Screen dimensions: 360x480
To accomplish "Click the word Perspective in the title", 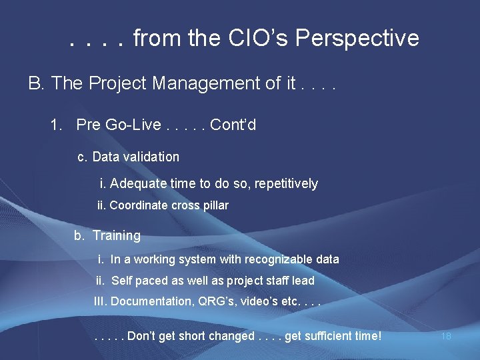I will point(357,39).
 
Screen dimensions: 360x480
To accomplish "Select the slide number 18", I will point(446,336).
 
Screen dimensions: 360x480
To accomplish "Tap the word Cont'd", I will point(233,125).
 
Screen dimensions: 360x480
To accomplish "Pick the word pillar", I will point(215,205).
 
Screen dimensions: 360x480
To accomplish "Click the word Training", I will point(117,235).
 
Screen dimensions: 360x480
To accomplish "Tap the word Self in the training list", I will point(123,281).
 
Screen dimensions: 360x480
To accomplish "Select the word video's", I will point(259,301).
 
